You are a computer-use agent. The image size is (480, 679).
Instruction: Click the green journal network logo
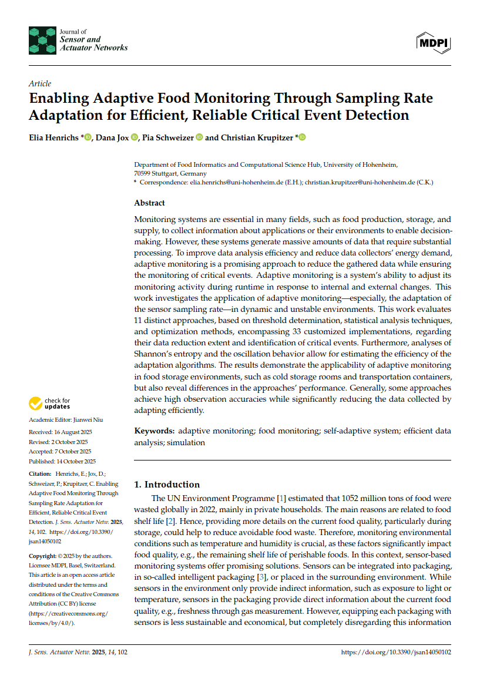coord(42,40)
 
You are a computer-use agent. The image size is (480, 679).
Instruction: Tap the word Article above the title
coord(40,83)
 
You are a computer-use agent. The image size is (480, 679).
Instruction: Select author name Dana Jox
coord(112,137)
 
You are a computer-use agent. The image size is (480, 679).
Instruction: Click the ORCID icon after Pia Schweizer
coord(199,137)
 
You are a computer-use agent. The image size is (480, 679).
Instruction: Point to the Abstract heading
coord(150,203)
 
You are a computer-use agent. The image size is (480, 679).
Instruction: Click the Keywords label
coord(154,431)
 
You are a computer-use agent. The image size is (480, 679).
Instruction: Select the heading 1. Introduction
coord(167,485)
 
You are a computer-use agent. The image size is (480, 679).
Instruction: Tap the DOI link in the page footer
coord(396,652)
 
